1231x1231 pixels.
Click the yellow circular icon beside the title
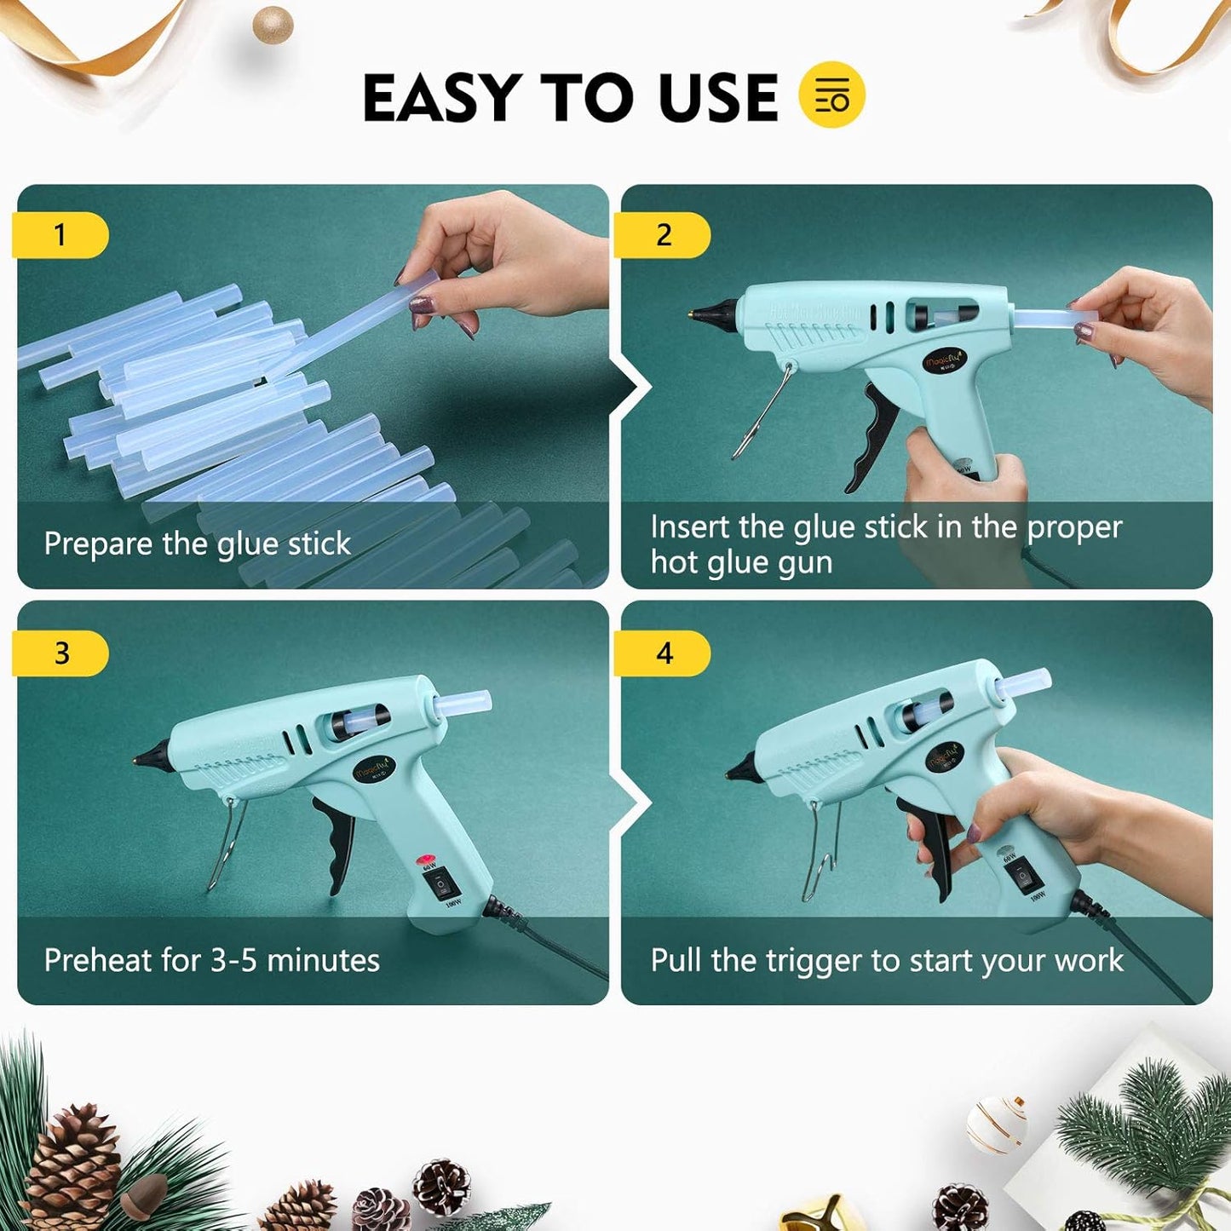click(831, 95)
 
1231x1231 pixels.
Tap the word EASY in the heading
click(442, 97)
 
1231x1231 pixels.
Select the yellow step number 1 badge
click(60, 235)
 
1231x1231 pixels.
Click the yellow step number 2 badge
click(663, 235)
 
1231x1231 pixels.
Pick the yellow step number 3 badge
click(61, 653)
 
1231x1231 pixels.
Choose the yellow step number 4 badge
click(664, 653)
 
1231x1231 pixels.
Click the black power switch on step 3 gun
click(440, 886)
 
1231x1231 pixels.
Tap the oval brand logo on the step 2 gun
click(943, 362)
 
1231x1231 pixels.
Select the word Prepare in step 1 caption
click(99, 544)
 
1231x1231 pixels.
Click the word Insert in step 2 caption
click(691, 527)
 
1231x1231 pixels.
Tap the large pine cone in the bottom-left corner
click(72, 1167)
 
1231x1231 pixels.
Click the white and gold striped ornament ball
click(998, 1124)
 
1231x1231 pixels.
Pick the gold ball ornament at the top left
click(273, 25)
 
